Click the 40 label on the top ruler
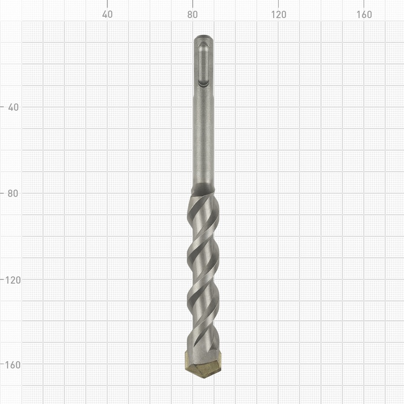[x=107, y=15]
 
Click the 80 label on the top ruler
[x=192, y=15]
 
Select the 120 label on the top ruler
[x=278, y=15]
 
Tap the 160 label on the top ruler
[x=364, y=15]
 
